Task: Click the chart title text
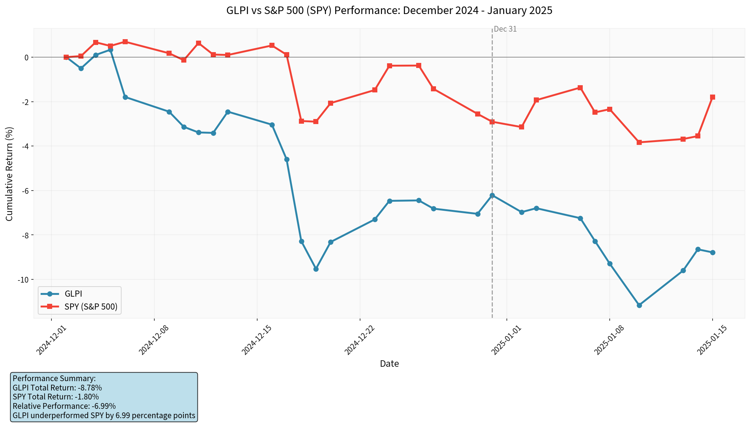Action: click(389, 10)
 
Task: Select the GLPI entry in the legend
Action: click(73, 294)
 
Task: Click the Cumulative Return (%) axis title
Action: click(9, 174)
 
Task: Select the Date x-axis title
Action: click(389, 364)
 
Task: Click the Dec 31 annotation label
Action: click(505, 29)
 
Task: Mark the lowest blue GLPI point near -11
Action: click(639, 305)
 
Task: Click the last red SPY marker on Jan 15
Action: click(713, 97)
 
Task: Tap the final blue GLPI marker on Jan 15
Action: click(713, 252)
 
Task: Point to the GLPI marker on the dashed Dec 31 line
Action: click(492, 195)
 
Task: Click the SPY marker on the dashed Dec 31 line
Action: click(492, 122)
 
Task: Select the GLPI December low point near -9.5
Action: click(316, 269)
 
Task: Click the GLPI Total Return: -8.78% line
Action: click(57, 388)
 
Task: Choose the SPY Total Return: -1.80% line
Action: click(56, 397)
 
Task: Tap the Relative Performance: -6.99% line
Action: click(64, 406)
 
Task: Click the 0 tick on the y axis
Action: click(27, 58)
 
